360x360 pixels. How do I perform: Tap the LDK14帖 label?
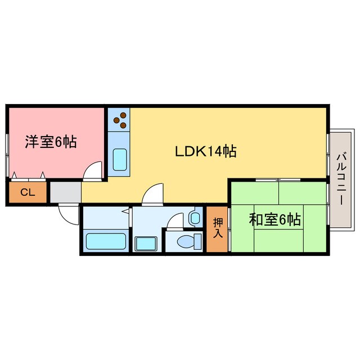tap(205, 151)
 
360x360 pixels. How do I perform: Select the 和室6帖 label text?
tap(274, 219)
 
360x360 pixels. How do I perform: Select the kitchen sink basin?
tap(120, 160)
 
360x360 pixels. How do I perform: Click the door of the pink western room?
tap(93, 170)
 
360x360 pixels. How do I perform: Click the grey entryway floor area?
tap(65, 192)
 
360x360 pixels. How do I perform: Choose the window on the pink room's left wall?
tap(7, 154)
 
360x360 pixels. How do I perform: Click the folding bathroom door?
tap(129, 216)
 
